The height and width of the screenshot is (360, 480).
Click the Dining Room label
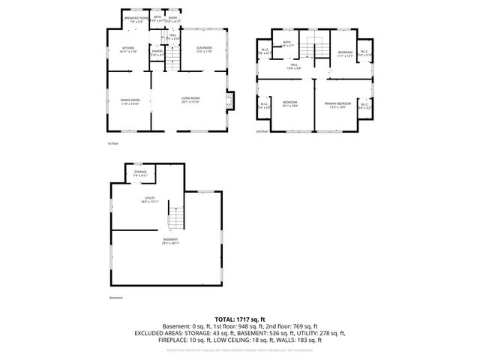(x=130, y=101)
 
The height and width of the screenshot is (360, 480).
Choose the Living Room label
(x=190, y=100)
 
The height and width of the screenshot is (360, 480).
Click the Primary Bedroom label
(x=337, y=103)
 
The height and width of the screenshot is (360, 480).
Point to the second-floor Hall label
(x=295, y=67)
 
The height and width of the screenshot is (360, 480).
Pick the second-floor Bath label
(x=287, y=44)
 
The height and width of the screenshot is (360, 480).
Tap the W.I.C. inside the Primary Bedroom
(x=364, y=106)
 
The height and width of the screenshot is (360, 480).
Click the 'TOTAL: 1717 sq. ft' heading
(x=240, y=319)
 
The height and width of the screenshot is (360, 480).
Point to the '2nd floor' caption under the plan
(x=262, y=131)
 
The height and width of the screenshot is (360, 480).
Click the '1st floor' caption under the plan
(x=112, y=142)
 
